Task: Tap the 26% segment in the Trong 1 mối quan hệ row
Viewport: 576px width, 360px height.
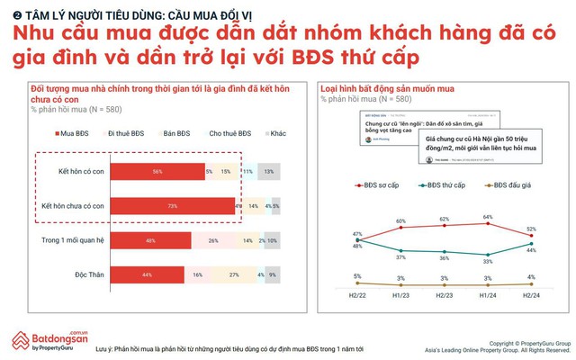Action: point(212,241)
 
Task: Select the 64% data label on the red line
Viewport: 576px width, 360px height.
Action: point(489,217)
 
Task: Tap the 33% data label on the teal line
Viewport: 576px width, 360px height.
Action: point(489,262)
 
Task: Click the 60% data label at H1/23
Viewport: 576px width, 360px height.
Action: point(401,221)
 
